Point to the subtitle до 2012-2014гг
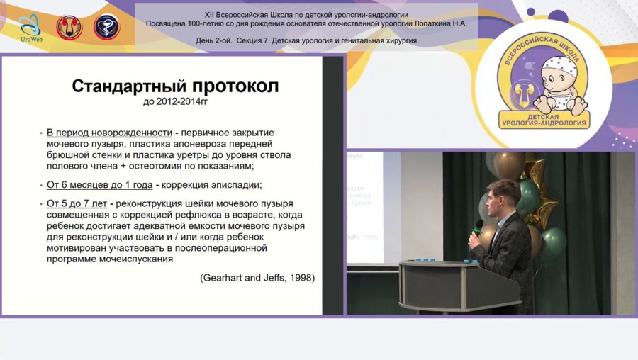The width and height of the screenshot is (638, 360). (x=175, y=102)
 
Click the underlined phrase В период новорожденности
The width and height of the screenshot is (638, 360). (x=110, y=133)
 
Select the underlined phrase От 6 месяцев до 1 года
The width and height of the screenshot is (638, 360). (x=100, y=184)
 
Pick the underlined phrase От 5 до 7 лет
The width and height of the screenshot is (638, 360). (x=77, y=203)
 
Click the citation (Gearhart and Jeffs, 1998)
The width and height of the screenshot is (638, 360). (x=257, y=277)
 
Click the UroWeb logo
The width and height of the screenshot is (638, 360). (x=29, y=28)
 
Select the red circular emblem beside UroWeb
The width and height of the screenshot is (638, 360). (x=69, y=27)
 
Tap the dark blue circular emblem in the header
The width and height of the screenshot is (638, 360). (x=106, y=27)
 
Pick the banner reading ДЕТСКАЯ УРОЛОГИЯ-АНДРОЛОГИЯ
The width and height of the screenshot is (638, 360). (x=543, y=119)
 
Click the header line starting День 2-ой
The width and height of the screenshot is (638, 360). (x=306, y=40)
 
